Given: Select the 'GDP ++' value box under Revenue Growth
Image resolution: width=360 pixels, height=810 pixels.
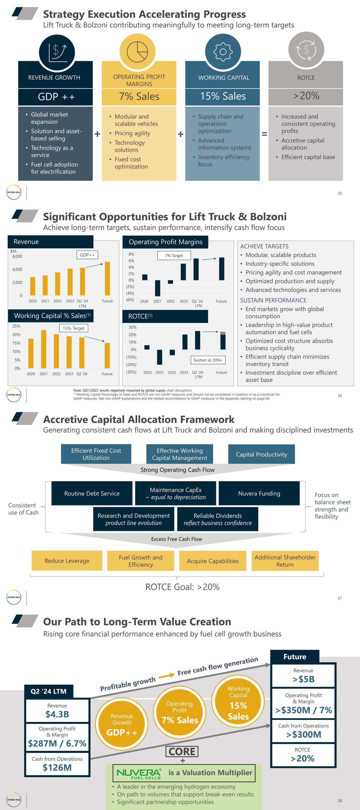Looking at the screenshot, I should (x=56, y=97).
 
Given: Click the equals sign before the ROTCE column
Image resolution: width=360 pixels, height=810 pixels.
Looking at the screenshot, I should (x=265, y=134).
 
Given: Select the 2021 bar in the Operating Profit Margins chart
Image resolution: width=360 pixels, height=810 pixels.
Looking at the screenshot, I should (x=157, y=288).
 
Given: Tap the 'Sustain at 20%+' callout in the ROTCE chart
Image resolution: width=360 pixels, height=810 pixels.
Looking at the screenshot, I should (x=208, y=360).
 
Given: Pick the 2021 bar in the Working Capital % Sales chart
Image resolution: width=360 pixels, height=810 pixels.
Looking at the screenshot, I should (x=44, y=349).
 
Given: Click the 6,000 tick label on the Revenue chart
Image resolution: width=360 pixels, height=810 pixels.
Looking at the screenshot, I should (x=17, y=256).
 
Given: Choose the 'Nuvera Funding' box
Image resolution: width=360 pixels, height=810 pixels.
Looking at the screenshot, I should (x=259, y=493).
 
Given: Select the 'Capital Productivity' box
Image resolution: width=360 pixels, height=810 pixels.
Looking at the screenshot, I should (x=261, y=454).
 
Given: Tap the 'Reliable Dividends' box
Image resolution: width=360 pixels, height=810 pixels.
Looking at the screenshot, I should (x=218, y=519).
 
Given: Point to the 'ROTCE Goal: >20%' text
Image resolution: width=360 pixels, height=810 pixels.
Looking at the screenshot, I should (x=182, y=587).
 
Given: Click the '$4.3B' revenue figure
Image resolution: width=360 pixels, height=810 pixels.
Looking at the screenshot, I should (x=57, y=714).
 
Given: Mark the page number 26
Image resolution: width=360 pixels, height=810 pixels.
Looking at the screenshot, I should (x=340, y=396).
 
